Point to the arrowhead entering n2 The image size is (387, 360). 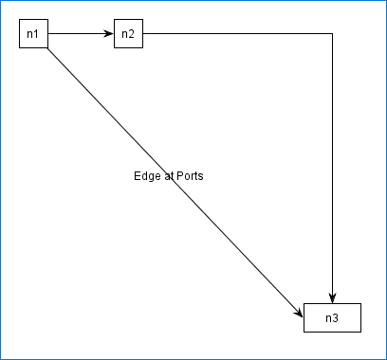(109, 34)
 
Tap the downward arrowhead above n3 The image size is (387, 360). (332, 297)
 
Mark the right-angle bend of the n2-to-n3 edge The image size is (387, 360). (332, 34)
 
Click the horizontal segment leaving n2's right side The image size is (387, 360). (237, 34)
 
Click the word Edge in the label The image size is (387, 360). (147, 176)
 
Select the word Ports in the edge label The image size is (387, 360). (190, 176)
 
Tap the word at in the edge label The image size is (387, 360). (168, 176)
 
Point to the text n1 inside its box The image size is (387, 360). (33, 35)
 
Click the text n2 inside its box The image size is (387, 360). (128, 35)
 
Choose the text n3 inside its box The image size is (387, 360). (332, 318)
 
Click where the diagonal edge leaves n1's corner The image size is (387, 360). (47, 48)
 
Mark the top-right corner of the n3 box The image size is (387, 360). (360, 304)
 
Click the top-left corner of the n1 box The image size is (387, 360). (20, 20)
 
